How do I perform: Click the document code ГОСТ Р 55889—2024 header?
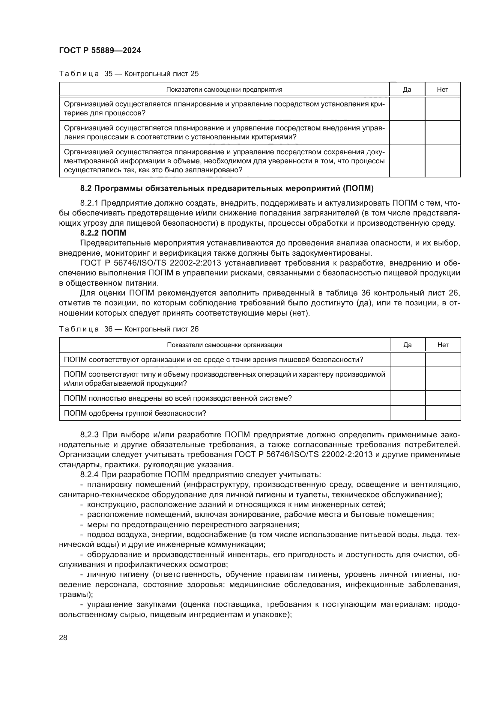tap(100, 51)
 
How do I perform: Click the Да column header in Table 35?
tap(407, 89)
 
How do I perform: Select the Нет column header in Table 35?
tap(443, 89)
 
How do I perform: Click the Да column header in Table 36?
tap(408, 345)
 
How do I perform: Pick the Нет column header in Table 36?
tap(443, 345)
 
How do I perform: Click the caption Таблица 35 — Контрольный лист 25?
tap(129, 74)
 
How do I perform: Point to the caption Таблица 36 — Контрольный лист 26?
tap(129, 329)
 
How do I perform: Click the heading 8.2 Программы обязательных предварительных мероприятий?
tap(227, 189)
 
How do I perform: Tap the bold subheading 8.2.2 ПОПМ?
tap(103, 233)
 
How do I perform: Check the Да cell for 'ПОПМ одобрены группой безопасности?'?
tap(408, 413)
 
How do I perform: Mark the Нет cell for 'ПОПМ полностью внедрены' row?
tap(443, 398)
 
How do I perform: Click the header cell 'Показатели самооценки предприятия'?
tap(224, 89)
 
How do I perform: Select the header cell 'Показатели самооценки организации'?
tap(225, 345)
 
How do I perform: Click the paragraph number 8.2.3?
tap(89, 435)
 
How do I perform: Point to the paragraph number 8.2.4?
tap(89, 475)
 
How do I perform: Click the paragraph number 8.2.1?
tap(89, 203)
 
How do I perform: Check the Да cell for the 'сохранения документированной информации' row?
tap(407, 161)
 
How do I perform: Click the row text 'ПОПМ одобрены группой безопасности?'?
tap(135, 413)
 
